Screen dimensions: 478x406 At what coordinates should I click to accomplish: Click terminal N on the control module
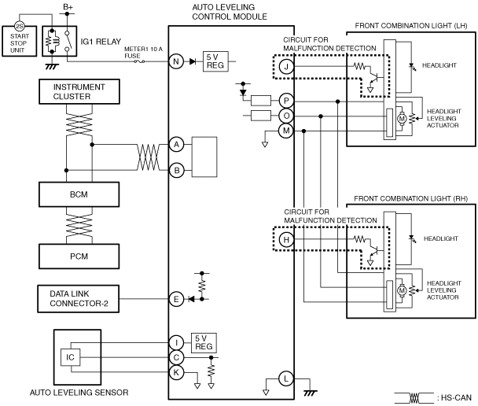(x=176, y=61)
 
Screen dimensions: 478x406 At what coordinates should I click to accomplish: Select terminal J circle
(x=286, y=67)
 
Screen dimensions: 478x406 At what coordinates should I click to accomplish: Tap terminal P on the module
(x=286, y=101)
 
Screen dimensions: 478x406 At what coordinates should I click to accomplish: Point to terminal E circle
(x=176, y=299)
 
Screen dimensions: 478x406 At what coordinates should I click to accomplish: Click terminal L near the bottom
(x=286, y=378)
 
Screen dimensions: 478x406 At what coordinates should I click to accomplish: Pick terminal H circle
(x=286, y=239)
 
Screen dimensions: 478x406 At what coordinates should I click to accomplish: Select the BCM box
(x=79, y=194)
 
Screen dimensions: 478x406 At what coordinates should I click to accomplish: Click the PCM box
(x=79, y=257)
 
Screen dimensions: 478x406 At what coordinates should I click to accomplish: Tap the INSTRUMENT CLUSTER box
(x=79, y=91)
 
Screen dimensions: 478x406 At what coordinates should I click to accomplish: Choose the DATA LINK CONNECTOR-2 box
(x=79, y=299)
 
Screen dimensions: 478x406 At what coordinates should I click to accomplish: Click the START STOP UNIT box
(x=20, y=41)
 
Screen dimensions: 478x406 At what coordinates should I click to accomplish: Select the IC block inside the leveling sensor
(x=71, y=357)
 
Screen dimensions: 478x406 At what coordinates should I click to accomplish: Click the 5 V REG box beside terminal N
(x=215, y=61)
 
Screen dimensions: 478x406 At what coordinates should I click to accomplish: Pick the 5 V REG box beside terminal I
(x=204, y=343)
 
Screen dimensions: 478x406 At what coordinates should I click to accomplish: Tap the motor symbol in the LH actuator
(x=402, y=118)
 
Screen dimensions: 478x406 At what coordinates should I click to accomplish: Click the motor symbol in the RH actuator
(x=402, y=290)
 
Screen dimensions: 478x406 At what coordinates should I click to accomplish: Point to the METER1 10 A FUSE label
(x=143, y=53)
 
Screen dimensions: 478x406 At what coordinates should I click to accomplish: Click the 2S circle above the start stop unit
(x=20, y=26)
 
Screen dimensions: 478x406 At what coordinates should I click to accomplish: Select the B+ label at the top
(x=68, y=7)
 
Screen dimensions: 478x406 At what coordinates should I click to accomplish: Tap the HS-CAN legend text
(x=454, y=398)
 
